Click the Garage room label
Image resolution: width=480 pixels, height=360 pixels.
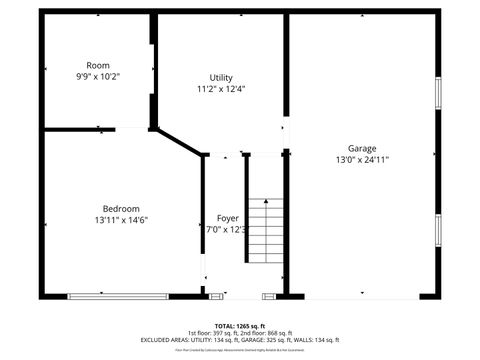tap(362, 148)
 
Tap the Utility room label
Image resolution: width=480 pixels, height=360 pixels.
tap(221, 78)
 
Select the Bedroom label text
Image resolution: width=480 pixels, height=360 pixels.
tap(121, 208)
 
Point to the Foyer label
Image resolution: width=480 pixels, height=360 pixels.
tap(228, 218)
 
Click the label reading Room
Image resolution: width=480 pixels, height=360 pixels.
tap(97, 65)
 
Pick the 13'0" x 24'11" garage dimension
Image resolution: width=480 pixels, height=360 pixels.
tap(362, 159)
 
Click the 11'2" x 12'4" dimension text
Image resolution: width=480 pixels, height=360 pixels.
tap(221, 89)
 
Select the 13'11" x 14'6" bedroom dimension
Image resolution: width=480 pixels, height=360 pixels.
tap(121, 219)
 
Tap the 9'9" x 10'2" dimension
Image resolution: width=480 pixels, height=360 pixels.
tap(97, 76)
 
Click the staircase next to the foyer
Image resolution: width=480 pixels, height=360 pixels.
tap(266, 229)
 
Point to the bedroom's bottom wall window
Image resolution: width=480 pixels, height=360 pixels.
tap(118, 295)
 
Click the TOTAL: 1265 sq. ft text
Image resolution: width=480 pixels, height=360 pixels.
tap(240, 325)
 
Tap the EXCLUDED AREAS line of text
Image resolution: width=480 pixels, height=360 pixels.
tap(240, 339)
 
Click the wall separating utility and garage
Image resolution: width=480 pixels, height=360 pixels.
tap(286, 70)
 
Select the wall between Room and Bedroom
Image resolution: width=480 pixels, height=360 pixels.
tap(80, 128)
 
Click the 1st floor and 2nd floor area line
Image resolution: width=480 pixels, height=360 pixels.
tap(240, 332)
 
